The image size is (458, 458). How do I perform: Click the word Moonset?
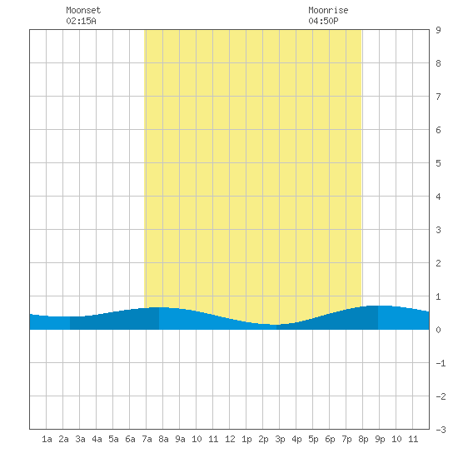[83, 10]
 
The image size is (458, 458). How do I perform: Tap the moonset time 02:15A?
[81, 21]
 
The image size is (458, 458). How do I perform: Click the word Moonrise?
[328, 10]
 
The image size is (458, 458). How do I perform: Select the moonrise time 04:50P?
[323, 21]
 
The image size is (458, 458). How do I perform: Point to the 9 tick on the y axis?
[438, 30]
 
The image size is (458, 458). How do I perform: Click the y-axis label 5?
[438, 163]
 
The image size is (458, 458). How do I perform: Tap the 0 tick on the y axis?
[438, 330]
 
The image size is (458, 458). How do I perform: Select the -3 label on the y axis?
[441, 430]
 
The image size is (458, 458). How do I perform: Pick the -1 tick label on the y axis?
[441, 363]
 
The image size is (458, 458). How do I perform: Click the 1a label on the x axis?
[47, 439]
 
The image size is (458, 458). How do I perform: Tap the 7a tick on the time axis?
[147, 439]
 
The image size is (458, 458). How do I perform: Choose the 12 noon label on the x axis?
[230, 439]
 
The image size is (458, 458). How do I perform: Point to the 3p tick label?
[280, 439]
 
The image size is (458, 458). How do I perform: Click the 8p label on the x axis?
[363, 439]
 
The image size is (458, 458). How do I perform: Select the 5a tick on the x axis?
[113, 439]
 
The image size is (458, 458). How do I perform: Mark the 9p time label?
[380, 439]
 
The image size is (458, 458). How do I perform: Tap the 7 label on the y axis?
[438, 97]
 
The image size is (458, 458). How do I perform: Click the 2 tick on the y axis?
[438, 263]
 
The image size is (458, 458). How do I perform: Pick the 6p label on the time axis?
[330, 439]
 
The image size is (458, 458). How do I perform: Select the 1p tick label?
[246, 439]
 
